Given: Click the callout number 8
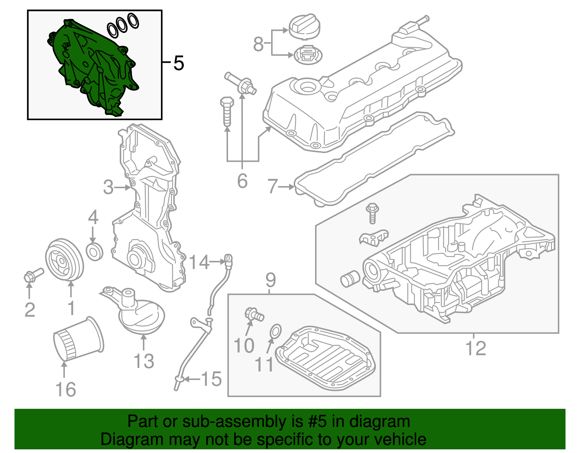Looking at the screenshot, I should click(x=258, y=44).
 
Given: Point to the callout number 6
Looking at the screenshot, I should click(x=242, y=181).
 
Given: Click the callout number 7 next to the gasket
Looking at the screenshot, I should click(x=272, y=186).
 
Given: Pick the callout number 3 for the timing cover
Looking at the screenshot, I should click(x=108, y=188).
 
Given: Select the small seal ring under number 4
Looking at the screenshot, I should click(x=95, y=251).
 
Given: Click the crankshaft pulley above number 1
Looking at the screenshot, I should click(x=64, y=260).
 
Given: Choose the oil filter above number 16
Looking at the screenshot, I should click(x=78, y=339).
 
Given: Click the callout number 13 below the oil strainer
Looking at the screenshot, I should click(x=144, y=361).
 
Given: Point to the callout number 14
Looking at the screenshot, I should click(x=199, y=262).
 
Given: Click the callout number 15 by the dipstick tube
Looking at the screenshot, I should click(x=211, y=379).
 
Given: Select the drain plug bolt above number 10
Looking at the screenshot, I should click(x=254, y=314).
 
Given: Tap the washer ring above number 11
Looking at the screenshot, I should click(x=275, y=331).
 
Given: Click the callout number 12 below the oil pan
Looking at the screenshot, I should click(x=475, y=348).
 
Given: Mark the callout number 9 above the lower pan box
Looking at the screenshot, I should click(x=270, y=280).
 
